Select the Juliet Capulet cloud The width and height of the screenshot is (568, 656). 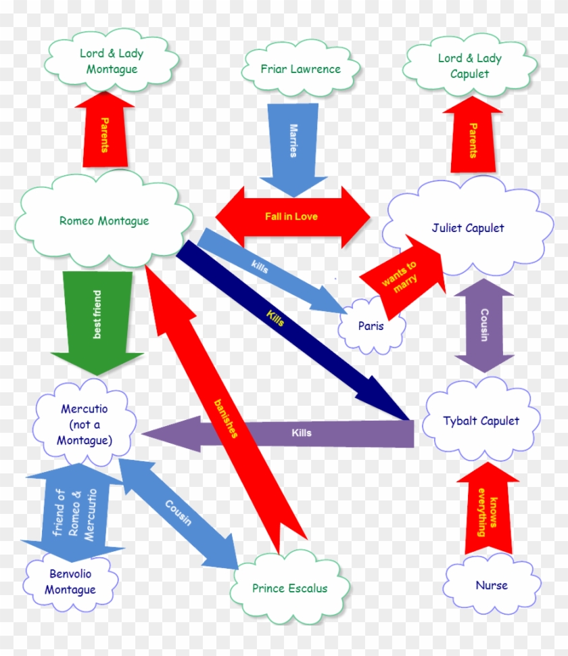click(467, 229)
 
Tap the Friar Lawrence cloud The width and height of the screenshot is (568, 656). click(300, 70)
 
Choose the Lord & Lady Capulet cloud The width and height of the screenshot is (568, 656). click(469, 66)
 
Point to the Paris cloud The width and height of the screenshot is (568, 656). click(371, 326)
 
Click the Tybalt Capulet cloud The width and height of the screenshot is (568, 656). click(481, 421)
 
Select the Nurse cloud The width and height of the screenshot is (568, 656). click(491, 586)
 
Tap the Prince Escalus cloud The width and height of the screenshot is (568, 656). click(289, 588)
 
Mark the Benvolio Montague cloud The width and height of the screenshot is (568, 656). click(70, 582)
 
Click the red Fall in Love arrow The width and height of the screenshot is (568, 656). click(292, 216)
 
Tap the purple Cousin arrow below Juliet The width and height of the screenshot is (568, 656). click(484, 326)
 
